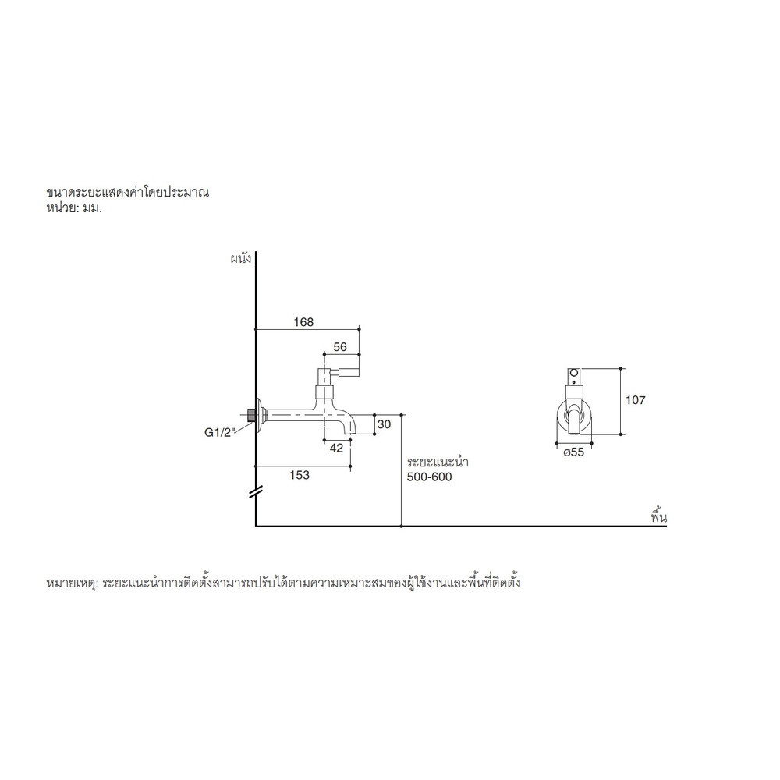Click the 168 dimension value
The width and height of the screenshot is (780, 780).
click(x=303, y=322)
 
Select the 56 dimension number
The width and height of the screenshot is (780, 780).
click(x=340, y=347)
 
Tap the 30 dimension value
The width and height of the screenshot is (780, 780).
click(x=384, y=424)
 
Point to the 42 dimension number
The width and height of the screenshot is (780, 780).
click(x=336, y=448)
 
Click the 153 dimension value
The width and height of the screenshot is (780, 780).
click(x=300, y=475)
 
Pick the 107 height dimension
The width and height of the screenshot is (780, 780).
click(x=635, y=400)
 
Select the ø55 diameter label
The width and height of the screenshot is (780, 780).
click(x=573, y=452)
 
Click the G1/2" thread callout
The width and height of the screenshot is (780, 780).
click(x=219, y=432)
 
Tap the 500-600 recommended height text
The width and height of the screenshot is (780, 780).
click(x=429, y=477)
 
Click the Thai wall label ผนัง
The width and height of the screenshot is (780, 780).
click(x=241, y=259)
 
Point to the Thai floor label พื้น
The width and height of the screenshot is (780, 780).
click(x=658, y=516)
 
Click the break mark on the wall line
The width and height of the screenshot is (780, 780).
click(x=256, y=492)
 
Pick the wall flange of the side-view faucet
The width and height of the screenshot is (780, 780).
click(x=261, y=414)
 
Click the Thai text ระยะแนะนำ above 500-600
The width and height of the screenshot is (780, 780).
click(x=438, y=462)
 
